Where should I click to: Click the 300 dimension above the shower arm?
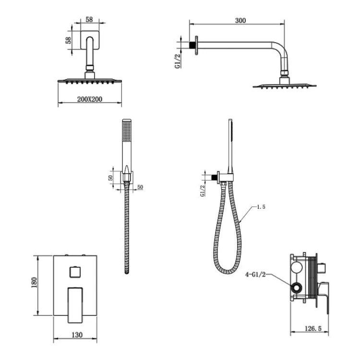pyautogui.click(x=240, y=21)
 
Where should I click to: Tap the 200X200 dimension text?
pyautogui.click(x=90, y=99)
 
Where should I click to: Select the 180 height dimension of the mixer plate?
pyautogui.click(x=34, y=282)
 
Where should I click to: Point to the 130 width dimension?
pyautogui.click(x=77, y=335)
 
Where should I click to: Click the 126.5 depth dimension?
pyautogui.click(x=313, y=328)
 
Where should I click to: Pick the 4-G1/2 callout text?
pyautogui.click(x=255, y=275)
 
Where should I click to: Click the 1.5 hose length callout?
pyautogui.click(x=261, y=207)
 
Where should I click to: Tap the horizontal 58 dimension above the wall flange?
pyautogui.click(x=89, y=20)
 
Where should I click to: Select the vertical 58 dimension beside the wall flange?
pyautogui.click(x=69, y=40)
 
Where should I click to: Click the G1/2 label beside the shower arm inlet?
pyautogui.click(x=178, y=60)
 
